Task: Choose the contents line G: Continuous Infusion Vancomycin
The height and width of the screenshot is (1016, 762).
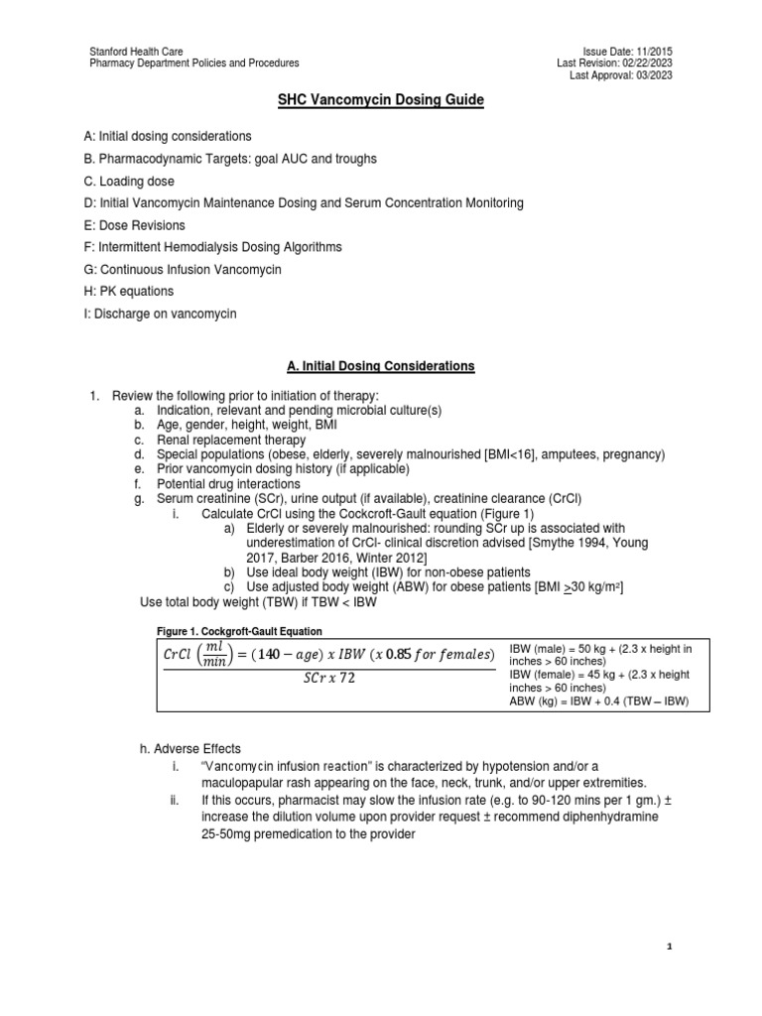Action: pos(186,270)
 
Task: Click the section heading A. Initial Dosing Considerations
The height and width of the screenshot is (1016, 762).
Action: pos(381,366)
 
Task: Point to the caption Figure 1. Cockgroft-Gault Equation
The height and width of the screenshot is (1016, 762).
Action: pos(239,631)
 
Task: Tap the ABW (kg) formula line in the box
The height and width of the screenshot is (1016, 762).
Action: pos(598,700)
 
